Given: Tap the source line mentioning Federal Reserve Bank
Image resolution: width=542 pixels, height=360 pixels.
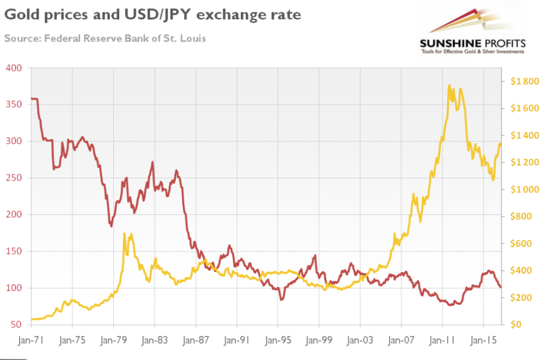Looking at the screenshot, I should (105, 38).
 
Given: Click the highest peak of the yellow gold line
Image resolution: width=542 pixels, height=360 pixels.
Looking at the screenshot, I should (449, 85).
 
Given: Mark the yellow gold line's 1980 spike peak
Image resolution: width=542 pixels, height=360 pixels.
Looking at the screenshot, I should (124, 233).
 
